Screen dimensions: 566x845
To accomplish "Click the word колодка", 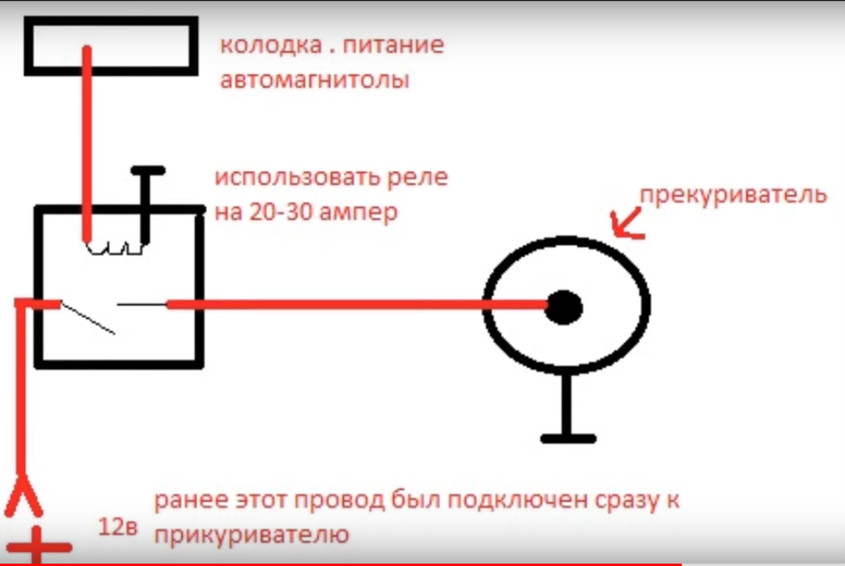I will [261, 47].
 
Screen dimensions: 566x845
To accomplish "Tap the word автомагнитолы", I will [314, 80].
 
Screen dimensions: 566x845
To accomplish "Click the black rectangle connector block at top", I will [111, 46].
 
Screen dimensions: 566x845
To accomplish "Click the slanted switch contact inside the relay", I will [89, 317].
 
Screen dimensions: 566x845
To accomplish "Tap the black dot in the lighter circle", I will [564, 307].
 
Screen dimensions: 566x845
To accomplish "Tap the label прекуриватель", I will [733, 194].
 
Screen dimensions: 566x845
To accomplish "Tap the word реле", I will [421, 178].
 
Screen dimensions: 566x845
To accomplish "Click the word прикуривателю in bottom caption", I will [251, 535].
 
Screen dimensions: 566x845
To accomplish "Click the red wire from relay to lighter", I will [352, 304].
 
